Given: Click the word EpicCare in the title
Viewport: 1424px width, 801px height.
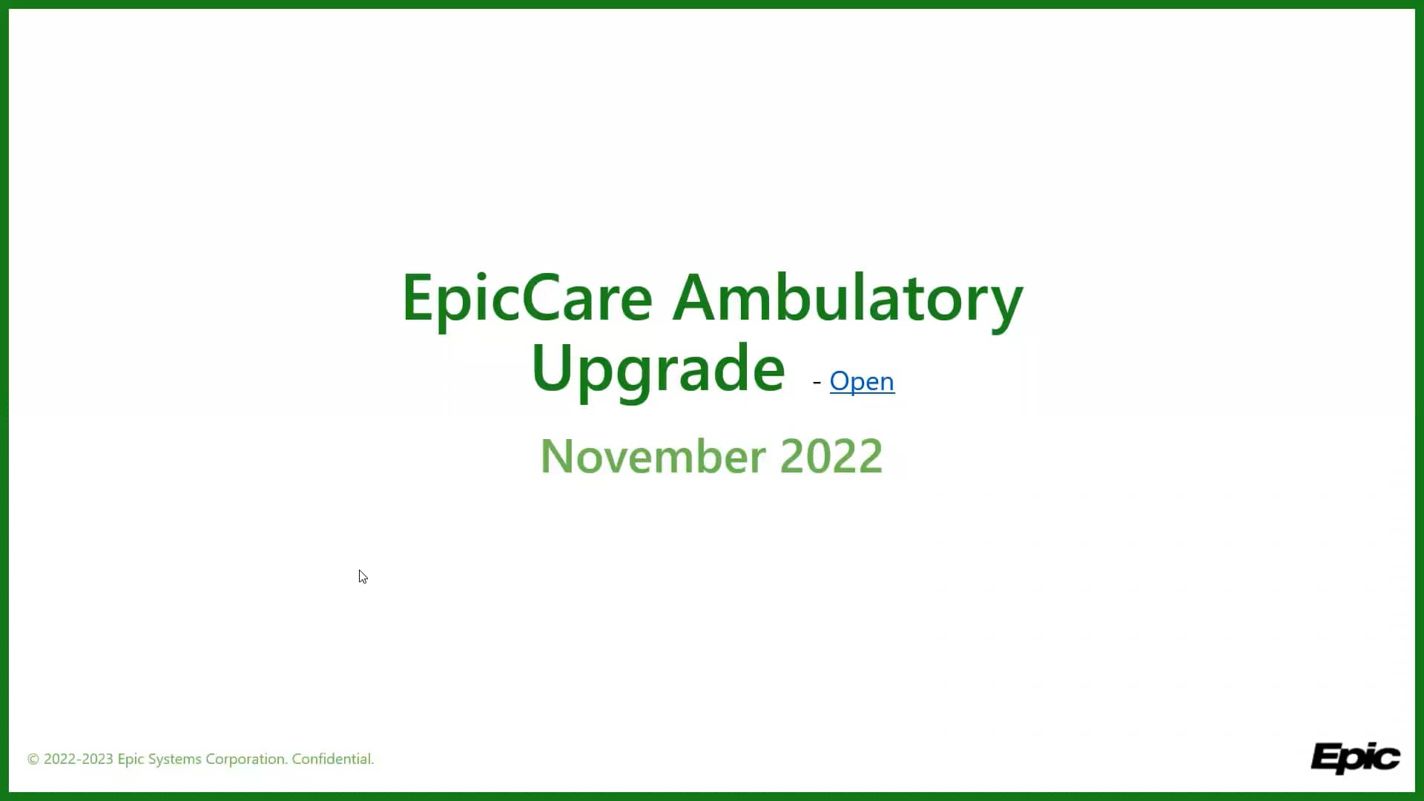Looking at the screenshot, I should pos(527,298).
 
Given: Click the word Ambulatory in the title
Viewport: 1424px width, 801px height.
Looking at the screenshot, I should pos(848,298).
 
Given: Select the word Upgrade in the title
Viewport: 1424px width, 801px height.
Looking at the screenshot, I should pos(658,369).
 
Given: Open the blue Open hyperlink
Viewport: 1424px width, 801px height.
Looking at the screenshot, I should pos(862,381).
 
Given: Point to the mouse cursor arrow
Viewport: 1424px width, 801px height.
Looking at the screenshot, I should pos(362,576).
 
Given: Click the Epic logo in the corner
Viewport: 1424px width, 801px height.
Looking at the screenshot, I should pos(1355,757).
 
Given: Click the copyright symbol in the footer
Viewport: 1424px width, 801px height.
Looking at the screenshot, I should pos(33,759).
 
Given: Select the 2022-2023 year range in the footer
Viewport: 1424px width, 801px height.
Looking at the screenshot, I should pos(78,759).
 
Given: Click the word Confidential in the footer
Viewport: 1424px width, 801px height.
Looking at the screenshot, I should pos(332,759).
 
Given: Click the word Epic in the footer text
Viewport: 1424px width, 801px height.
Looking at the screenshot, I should pos(131,759).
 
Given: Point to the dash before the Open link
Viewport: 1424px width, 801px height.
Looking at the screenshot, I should pos(817,382).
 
